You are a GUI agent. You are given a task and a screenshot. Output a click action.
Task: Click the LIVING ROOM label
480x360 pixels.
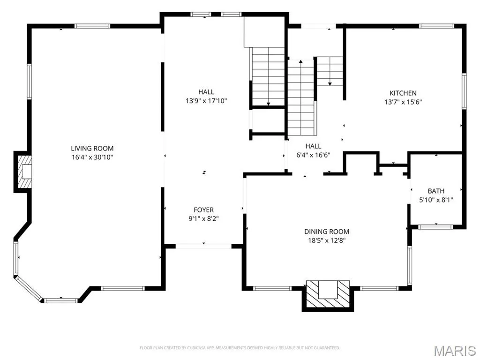[x=92, y=149]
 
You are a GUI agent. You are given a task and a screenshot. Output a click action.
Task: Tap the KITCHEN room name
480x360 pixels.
[x=403, y=93]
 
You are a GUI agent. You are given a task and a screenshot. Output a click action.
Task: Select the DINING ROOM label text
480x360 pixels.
[x=327, y=232]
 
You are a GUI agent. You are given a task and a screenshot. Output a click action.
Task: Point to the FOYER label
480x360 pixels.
[x=203, y=210]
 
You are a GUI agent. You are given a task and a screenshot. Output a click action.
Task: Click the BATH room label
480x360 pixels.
[x=436, y=191]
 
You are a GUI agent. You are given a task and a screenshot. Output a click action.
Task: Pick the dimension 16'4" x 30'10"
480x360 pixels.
[x=92, y=157]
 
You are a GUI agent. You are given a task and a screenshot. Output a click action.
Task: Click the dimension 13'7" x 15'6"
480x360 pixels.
[x=403, y=102]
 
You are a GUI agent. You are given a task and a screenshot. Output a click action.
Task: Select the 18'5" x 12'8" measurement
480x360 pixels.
[x=327, y=240]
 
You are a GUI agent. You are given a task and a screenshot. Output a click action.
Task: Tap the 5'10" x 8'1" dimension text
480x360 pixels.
[x=436, y=200]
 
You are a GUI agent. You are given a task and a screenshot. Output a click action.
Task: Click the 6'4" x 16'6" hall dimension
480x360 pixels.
[x=313, y=155]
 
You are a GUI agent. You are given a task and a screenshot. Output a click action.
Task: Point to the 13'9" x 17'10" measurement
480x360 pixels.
[x=206, y=101]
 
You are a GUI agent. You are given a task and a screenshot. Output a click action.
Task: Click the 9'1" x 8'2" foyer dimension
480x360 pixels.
[x=203, y=218]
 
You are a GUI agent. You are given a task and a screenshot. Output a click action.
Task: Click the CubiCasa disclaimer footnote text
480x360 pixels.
[x=240, y=348]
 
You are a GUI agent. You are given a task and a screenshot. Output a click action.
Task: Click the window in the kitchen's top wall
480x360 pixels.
[x=436, y=26]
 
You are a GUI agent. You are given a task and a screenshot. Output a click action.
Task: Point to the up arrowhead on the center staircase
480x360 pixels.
[x=301, y=61]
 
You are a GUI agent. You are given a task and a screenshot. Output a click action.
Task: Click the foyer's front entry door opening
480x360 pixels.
[x=203, y=246]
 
